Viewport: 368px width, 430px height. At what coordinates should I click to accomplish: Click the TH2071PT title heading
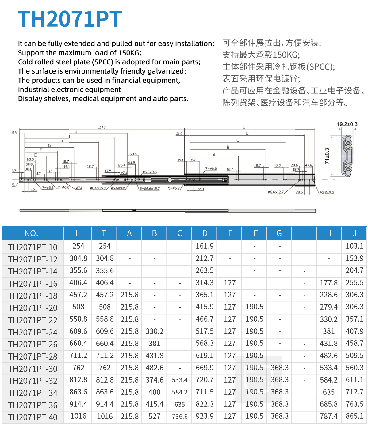pos(70,19)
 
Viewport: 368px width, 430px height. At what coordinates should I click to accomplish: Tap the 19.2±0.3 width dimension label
pos(347,124)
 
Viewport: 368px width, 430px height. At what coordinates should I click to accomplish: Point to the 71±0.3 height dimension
pos(327,156)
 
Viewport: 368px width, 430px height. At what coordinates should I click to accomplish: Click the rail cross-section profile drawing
pos(347,156)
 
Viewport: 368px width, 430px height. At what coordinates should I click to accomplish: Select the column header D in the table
pos(205,233)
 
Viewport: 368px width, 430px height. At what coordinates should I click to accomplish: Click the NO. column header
pos(31,233)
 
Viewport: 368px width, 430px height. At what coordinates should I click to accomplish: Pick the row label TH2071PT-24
pos(33,332)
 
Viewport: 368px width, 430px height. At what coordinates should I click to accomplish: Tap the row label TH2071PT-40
pos(33,417)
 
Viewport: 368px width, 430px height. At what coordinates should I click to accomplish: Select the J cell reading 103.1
pos(355,246)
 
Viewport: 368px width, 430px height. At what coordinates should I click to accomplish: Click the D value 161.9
pos(205,246)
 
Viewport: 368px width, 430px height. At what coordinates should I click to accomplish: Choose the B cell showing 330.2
pos(155,331)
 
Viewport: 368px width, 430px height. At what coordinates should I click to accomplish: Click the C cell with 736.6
pos(180,417)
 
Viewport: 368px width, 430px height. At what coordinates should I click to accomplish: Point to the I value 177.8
pos(329,283)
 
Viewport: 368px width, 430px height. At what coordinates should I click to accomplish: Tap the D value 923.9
pos(205,416)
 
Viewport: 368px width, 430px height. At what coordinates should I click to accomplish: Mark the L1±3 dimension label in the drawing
pos(102,127)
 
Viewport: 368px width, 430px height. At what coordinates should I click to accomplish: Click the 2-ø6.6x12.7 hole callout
pos(150,189)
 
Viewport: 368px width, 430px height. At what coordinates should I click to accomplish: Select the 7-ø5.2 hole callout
pos(48,187)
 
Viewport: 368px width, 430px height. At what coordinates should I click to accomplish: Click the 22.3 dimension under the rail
pos(200,189)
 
